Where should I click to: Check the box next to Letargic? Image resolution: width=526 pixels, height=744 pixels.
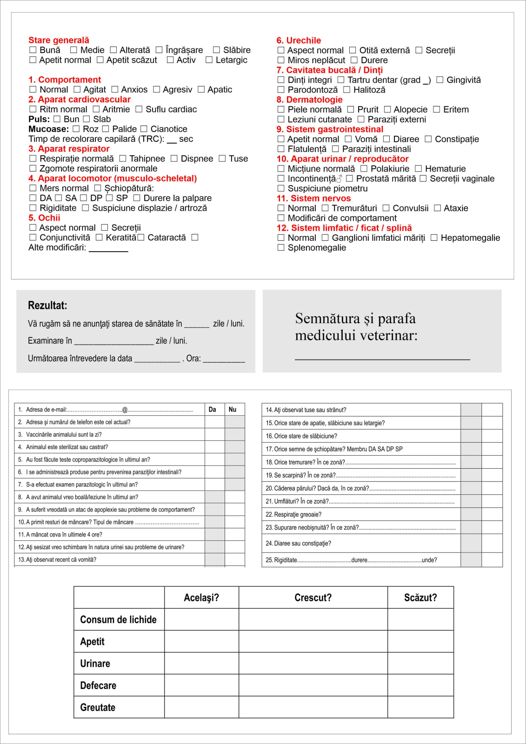point(209,60)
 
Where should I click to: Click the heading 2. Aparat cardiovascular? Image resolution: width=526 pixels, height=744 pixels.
point(80,100)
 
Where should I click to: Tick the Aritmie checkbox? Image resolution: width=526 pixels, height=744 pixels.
point(96,109)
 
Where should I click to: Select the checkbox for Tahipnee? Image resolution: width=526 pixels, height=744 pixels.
point(123,159)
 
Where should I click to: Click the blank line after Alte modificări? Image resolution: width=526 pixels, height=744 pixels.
point(108,249)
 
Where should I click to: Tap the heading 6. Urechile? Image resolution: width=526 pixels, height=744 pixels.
point(299,40)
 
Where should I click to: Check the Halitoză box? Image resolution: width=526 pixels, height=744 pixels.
point(347,90)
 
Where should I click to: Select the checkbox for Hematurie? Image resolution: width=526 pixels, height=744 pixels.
point(419,169)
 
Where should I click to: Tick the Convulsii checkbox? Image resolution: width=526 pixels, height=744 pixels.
point(386,208)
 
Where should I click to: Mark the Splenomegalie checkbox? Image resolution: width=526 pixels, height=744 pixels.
point(281,248)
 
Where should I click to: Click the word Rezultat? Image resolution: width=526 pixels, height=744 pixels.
point(47,306)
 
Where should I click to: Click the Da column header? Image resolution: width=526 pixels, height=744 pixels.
point(213,410)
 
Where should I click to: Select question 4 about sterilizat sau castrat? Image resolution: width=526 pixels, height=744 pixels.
point(67,447)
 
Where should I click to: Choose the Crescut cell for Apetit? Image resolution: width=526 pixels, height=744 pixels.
point(313,642)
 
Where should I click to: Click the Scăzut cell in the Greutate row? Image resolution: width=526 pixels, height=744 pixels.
point(420,707)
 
